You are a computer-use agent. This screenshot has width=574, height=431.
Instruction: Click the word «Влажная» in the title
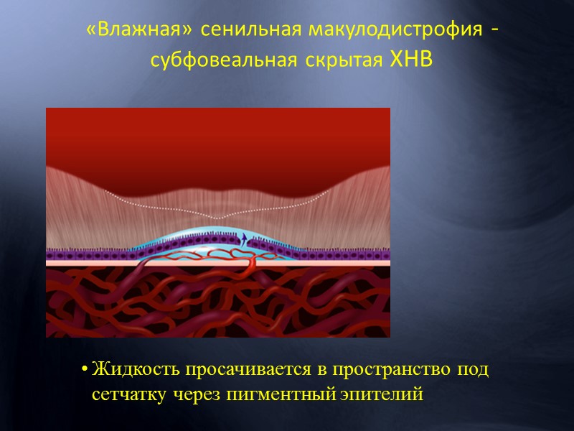coord(138,31)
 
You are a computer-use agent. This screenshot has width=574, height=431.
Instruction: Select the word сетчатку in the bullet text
coord(127,394)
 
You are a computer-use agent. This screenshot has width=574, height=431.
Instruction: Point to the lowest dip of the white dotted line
coord(217,218)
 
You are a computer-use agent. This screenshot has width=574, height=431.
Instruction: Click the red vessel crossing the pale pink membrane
coord(251,263)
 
